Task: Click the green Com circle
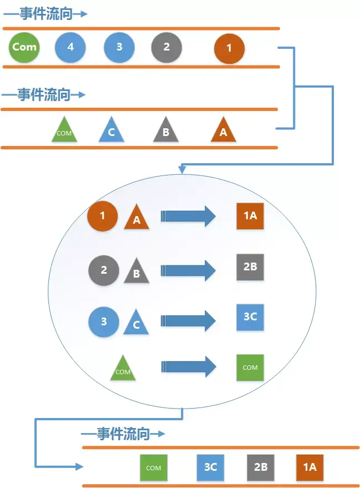pyautogui.click(x=24, y=47)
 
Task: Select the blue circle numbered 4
pyautogui.click(x=70, y=48)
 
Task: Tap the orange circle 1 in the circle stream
pyautogui.click(x=229, y=49)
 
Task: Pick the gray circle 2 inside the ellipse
pyautogui.click(x=104, y=270)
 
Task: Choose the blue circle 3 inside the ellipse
pyautogui.click(x=104, y=321)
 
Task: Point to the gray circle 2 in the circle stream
pyautogui.click(x=167, y=48)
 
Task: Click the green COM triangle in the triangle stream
pyautogui.click(x=64, y=131)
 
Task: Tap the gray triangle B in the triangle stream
pyautogui.click(x=166, y=131)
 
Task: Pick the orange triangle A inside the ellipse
pyautogui.click(x=137, y=218)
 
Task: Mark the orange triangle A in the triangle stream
pyautogui.click(x=223, y=131)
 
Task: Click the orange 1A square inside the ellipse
pyautogui.click(x=250, y=215)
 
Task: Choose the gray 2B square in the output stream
pyautogui.click(x=261, y=467)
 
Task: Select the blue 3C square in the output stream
pyautogui.click(x=211, y=467)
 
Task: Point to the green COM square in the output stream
pyautogui.click(x=153, y=467)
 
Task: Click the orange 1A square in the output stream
pyautogui.click(x=309, y=467)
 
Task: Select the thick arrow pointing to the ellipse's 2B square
pyautogui.click(x=188, y=270)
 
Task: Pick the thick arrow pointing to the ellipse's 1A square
pyautogui.click(x=188, y=216)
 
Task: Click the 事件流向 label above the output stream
pyautogui.click(x=123, y=434)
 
